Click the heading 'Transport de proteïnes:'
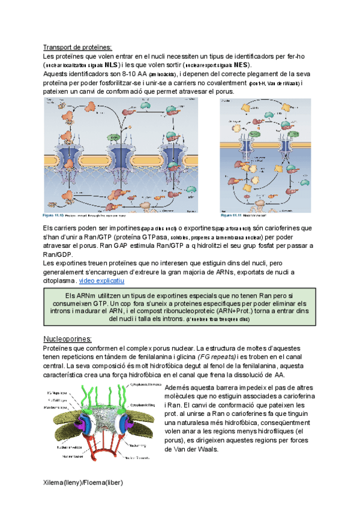78,48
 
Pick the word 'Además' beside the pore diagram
178,388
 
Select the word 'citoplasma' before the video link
59,280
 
